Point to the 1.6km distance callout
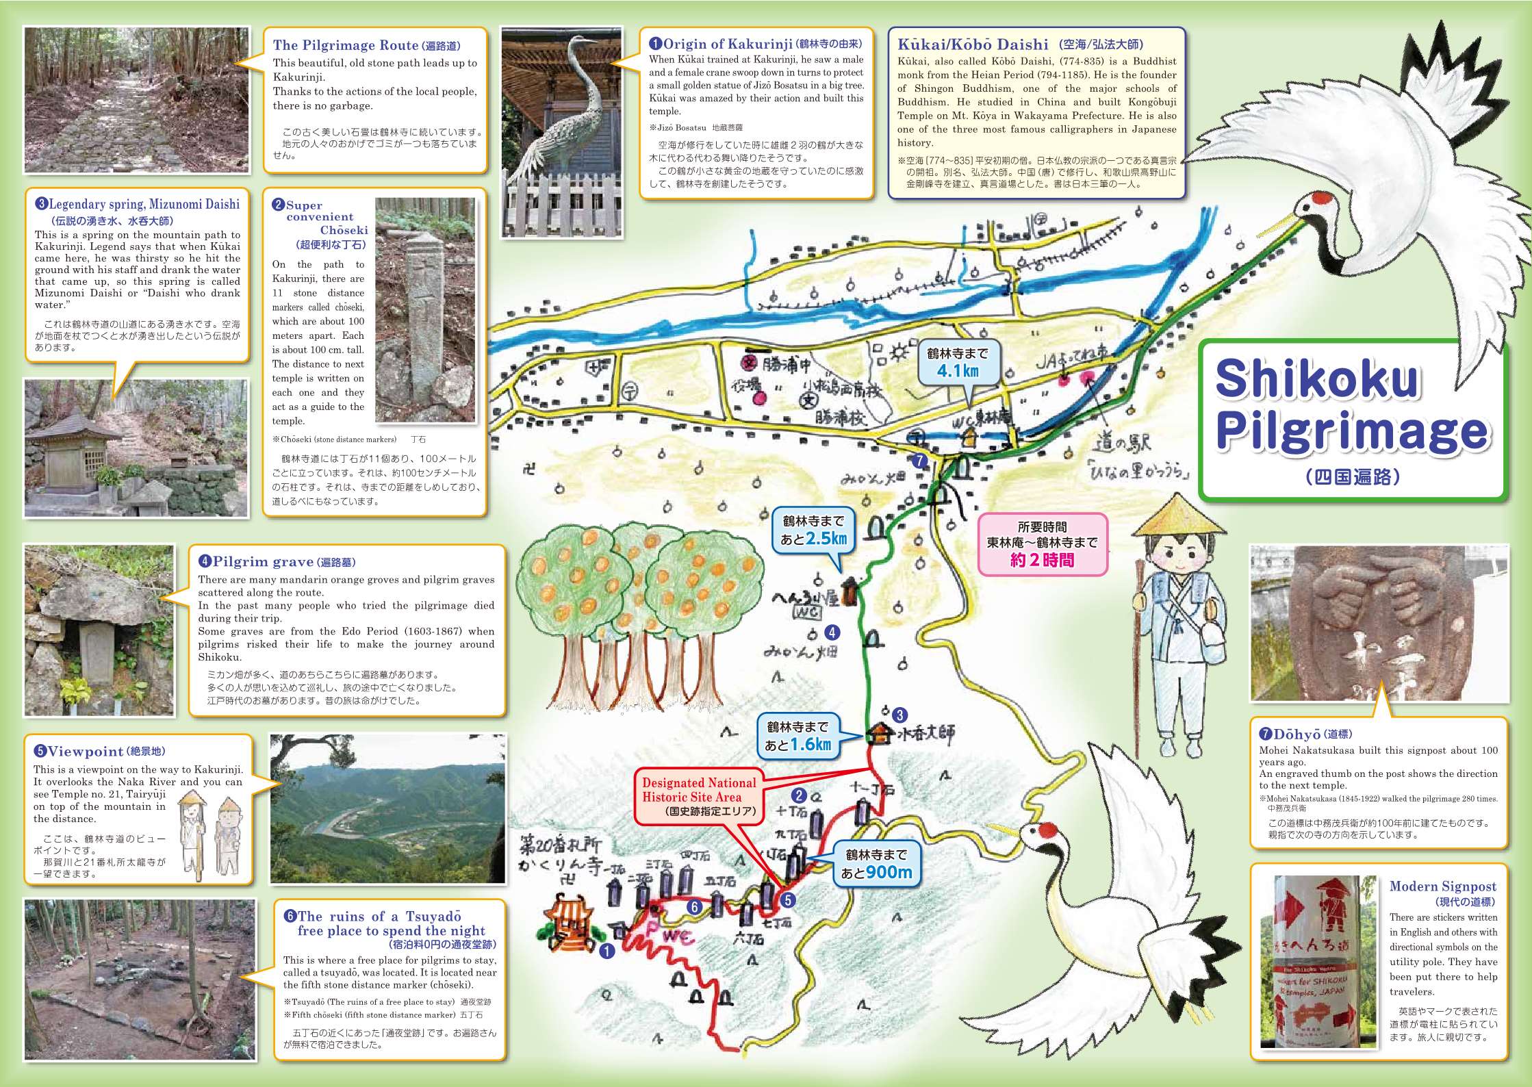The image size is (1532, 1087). coord(797,736)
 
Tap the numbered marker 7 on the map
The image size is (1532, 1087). coord(920,461)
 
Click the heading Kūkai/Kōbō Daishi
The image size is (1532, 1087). coord(972,44)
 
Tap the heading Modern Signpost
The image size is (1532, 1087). coord(1442,886)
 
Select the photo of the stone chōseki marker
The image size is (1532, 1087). coord(425,309)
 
